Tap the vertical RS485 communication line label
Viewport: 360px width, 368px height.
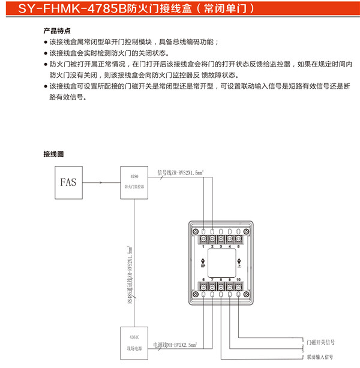pyautogui.click(x=130, y=273)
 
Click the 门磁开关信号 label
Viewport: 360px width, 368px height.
pyautogui.click(x=320, y=342)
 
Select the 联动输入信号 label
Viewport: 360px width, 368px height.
pyautogui.click(x=320, y=357)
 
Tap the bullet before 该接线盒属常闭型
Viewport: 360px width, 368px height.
pyautogui.click(x=46, y=42)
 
